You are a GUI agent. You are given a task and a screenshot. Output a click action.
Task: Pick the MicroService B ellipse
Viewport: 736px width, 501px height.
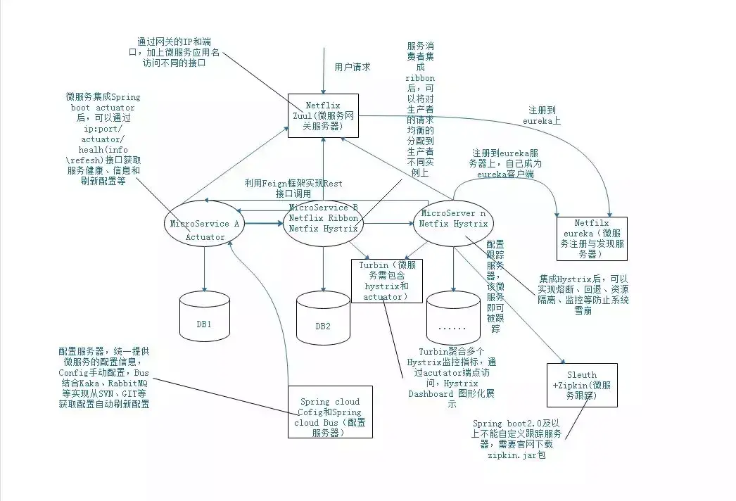[x=323, y=219]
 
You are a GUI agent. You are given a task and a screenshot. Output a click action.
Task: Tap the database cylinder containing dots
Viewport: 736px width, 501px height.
[x=453, y=326]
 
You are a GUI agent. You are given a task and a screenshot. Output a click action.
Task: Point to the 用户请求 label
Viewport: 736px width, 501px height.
[x=352, y=67]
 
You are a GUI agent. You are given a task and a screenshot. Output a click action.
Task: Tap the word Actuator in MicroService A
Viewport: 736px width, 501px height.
[x=205, y=237]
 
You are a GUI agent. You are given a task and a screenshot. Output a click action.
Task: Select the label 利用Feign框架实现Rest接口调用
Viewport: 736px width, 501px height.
[x=293, y=188]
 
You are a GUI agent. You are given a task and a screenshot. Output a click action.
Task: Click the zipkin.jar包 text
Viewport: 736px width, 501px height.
[x=516, y=455]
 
